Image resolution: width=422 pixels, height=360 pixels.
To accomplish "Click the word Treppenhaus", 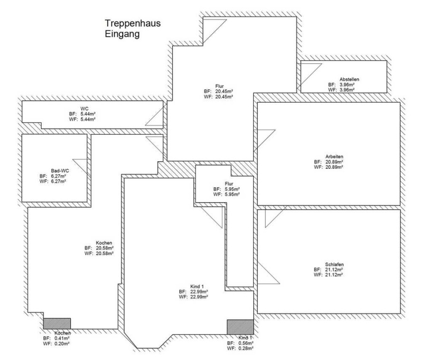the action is [x=132, y=23].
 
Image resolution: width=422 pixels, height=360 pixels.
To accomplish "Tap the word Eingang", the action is [x=122, y=34].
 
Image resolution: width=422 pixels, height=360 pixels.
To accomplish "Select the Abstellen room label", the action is [x=349, y=79].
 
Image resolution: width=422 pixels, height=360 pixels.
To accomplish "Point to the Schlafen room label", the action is [x=334, y=264].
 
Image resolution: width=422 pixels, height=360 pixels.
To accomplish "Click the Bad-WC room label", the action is [x=60, y=171].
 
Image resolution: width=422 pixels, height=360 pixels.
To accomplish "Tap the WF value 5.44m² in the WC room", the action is [x=88, y=119].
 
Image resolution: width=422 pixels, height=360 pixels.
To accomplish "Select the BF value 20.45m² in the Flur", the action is [x=224, y=91].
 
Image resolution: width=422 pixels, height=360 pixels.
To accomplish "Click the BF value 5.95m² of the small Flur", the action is [x=232, y=189].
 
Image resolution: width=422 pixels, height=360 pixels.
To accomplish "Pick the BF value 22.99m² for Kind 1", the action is [x=199, y=292].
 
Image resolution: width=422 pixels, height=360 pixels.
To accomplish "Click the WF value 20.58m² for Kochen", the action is [x=104, y=253].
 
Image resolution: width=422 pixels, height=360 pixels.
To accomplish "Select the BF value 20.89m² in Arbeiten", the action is [x=334, y=162].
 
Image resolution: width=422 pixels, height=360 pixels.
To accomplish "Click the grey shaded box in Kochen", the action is [x=57, y=323].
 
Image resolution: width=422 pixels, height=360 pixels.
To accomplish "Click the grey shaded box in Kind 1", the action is [x=240, y=327].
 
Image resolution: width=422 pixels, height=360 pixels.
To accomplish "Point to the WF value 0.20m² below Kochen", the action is [x=62, y=343].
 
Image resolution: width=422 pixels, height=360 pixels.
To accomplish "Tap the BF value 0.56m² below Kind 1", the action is [x=245, y=343].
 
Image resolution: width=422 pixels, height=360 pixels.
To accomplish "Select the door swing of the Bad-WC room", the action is [x=80, y=166].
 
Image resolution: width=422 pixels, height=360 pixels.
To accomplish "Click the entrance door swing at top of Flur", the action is [x=215, y=31].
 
